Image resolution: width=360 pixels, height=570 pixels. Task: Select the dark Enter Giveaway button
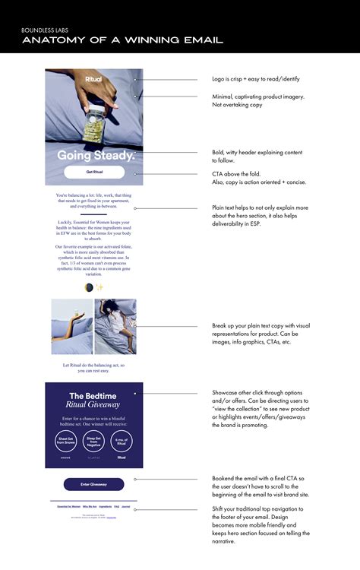[x=93, y=484]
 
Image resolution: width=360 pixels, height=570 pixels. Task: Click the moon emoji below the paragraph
[x=88, y=287]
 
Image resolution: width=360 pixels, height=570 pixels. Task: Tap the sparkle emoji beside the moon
[x=99, y=287]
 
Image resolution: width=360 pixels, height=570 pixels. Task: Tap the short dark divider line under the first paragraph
[x=93, y=214]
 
